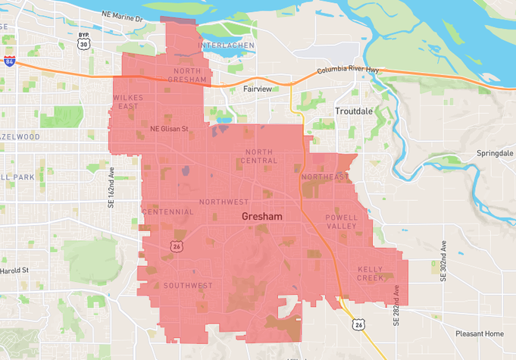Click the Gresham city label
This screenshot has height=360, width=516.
tap(261, 217)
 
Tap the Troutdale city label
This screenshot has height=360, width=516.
tap(354, 111)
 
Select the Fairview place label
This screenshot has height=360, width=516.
tap(258, 89)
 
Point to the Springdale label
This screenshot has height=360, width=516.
tap(495, 153)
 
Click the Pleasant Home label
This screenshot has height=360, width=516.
tap(480, 333)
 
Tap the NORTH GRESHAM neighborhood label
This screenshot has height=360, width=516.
tap(184, 75)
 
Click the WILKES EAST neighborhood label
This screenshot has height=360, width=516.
tap(127, 102)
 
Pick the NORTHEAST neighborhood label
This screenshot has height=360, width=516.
tap(325, 177)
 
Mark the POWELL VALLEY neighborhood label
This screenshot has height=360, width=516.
tap(341, 221)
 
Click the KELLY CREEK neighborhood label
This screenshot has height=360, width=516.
tap(371, 274)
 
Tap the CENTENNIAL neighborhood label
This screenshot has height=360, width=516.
tap(167, 211)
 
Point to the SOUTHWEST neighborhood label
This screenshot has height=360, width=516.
tap(187, 285)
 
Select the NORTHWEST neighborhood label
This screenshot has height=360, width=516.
tap(224, 202)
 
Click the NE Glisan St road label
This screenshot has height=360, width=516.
tap(168, 129)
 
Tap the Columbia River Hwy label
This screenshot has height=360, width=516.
tap(347, 71)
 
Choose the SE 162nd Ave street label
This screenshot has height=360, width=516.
tap(111, 187)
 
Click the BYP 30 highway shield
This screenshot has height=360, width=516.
tap(83, 42)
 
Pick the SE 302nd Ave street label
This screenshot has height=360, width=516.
tap(444, 262)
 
